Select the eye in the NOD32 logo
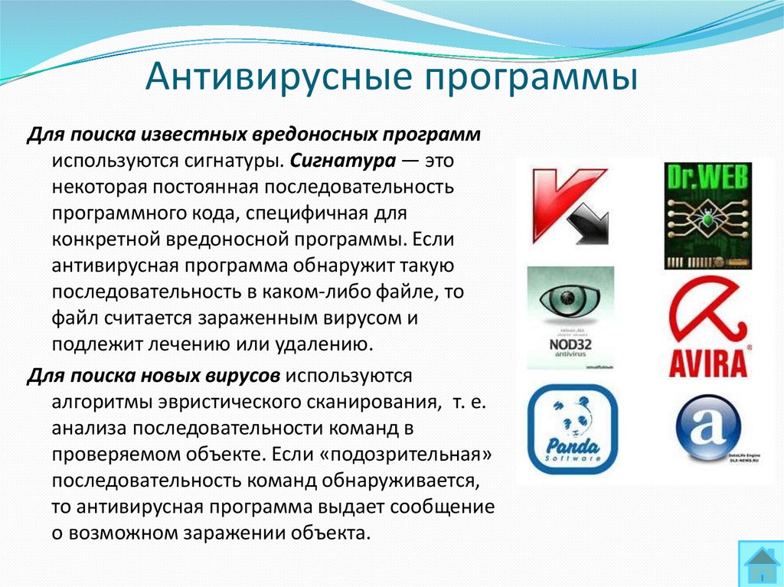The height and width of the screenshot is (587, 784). [570, 300]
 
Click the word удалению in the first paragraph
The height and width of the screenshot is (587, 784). [325, 344]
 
